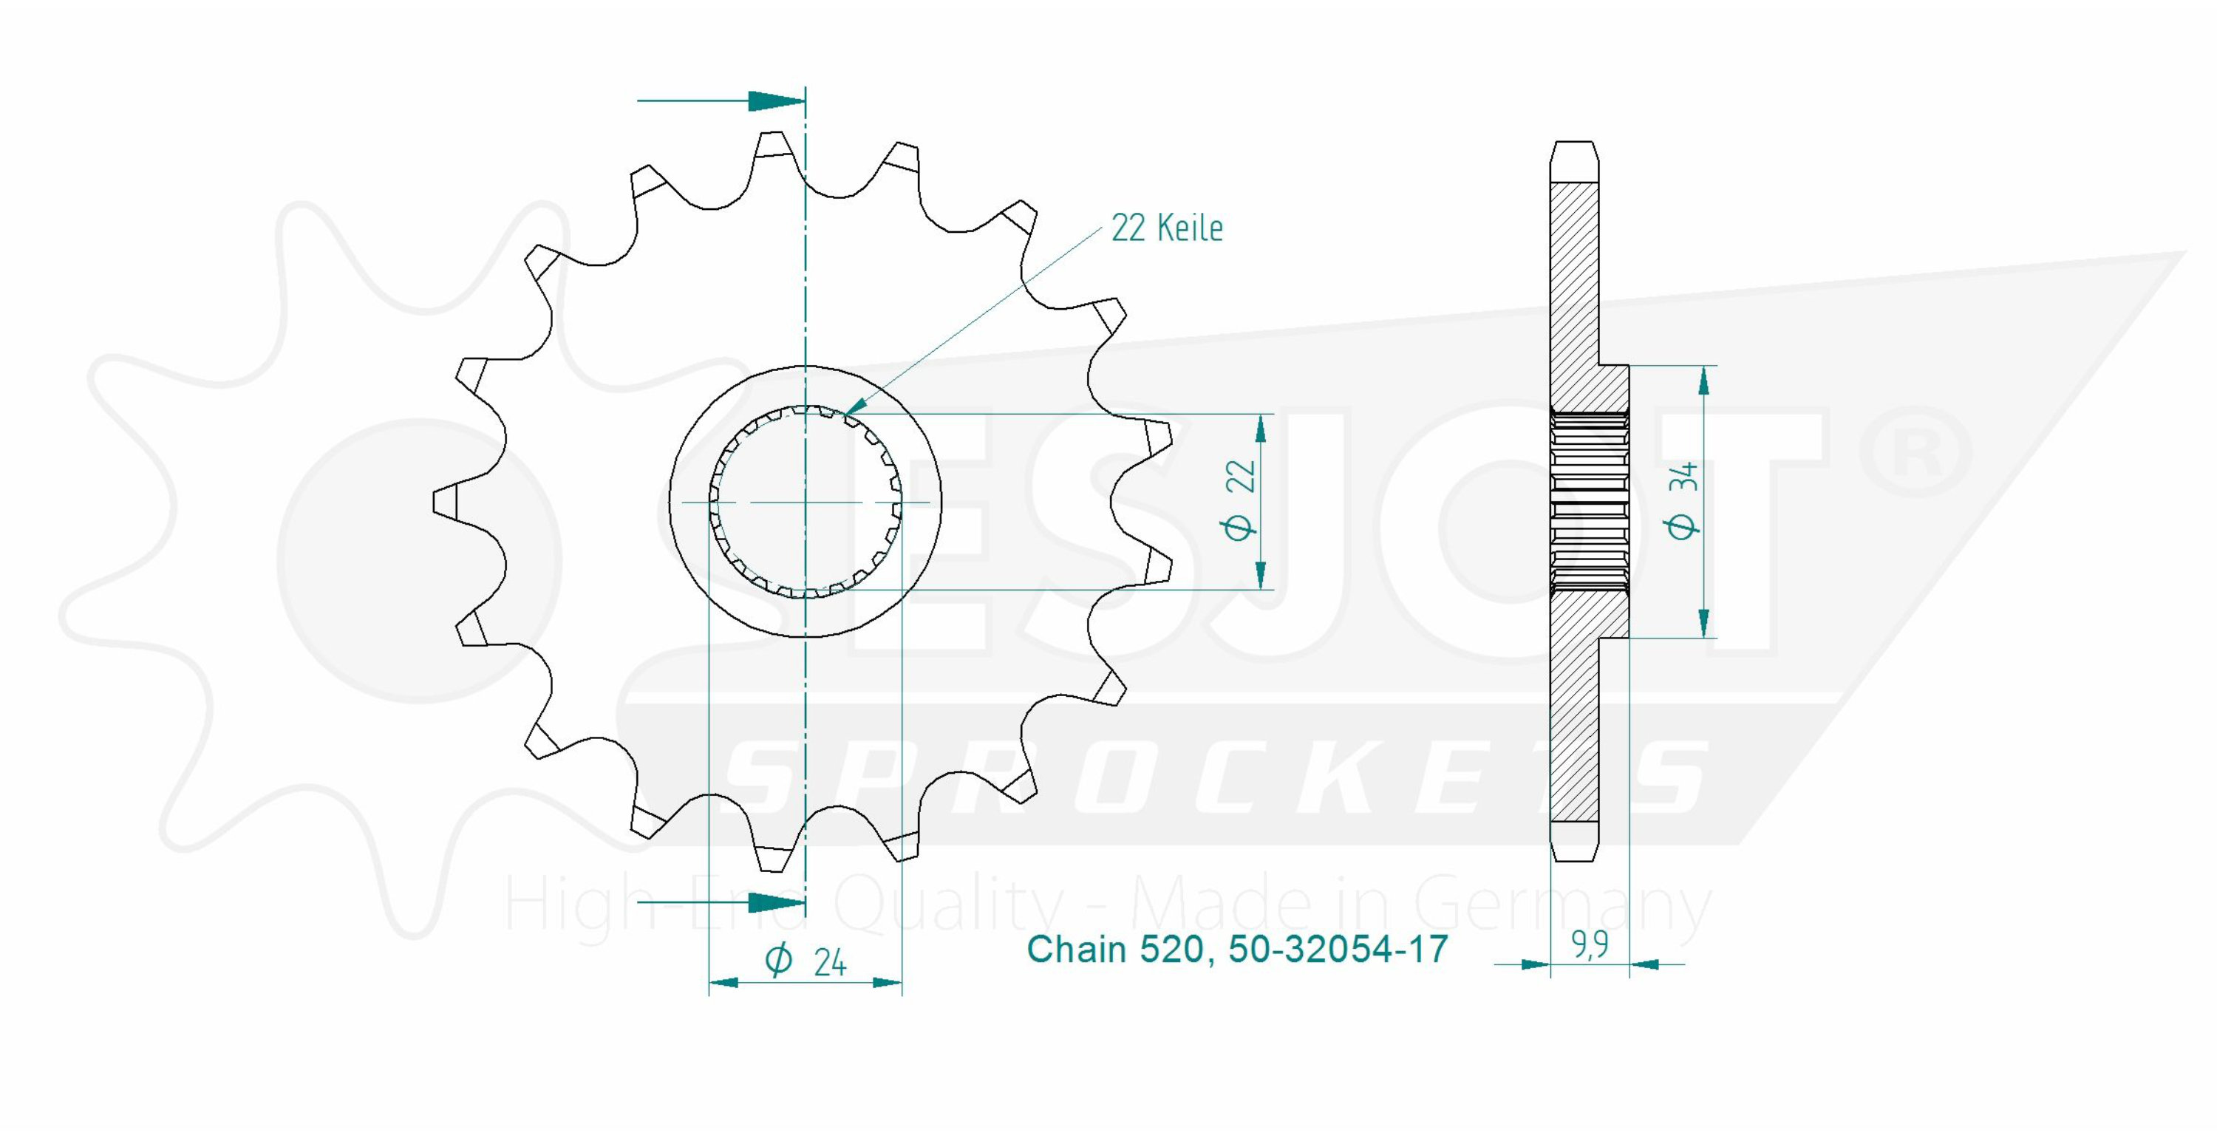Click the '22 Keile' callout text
pyautogui.click(x=1166, y=228)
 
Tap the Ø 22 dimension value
pyautogui.click(x=1240, y=501)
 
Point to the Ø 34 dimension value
pyautogui.click(x=1683, y=501)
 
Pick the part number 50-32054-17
pyautogui.click(x=1338, y=949)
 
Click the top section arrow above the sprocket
pyautogui.click(x=721, y=101)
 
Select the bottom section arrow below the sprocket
pyautogui.click(x=721, y=902)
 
